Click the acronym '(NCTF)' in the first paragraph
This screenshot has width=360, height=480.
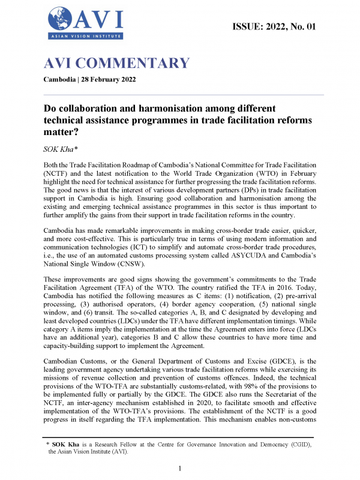(59, 172)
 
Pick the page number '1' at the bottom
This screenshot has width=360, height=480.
(180, 467)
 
